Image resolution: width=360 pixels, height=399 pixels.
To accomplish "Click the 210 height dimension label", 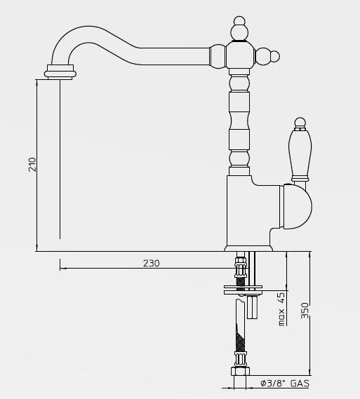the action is tap(33, 164).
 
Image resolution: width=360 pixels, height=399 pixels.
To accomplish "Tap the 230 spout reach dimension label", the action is tap(152, 263).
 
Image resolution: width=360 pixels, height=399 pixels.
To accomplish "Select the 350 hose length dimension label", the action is tap(305, 311).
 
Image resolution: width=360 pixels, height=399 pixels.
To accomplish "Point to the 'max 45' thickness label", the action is tap(281, 309).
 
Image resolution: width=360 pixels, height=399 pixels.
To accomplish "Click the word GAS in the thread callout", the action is tap(300, 384).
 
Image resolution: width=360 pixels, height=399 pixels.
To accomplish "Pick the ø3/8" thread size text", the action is tap(272, 384).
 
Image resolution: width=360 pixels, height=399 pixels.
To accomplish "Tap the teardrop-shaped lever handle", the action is tap(300, 153).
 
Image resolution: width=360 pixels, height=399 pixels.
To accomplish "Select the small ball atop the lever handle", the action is tap(300, 123).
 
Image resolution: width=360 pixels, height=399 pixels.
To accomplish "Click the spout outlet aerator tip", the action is tap(60, 72).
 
